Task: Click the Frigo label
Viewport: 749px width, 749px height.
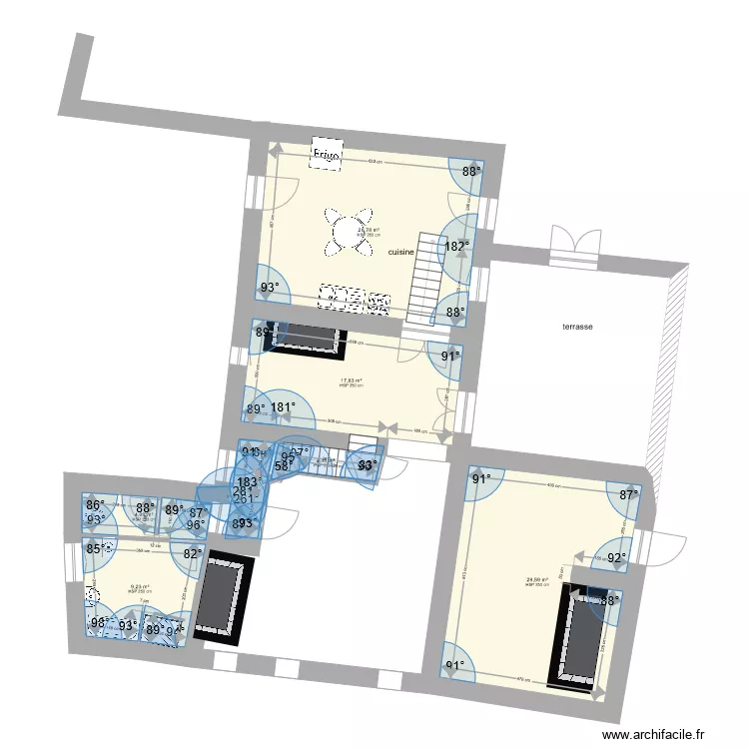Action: pyautogui.click(x=327, y=156)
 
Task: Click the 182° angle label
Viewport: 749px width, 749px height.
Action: pyautogui.click(x=457, y=246)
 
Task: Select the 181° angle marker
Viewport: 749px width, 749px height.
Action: pyautogui.click(x=284, y=407)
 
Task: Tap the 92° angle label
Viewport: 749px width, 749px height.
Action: pyautogui.click(x=617, y=558)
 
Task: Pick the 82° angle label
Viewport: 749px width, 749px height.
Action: pyautogui.click(x=192, y=552)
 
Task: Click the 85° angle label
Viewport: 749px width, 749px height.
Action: pyautogui.click(x=96, y=548)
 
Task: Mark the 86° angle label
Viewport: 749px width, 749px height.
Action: pyautogui.click(x=95, y=506)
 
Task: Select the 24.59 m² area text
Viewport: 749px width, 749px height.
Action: pyautogui.click(x=536, y=579)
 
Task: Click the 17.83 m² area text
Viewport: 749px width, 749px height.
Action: pyautogui.click(x=351, y=380)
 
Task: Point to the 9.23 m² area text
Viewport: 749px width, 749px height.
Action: pyautogui.click(x=139, y=587)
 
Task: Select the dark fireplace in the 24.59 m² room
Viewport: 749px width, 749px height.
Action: pyautogui.click(x=578, y=639)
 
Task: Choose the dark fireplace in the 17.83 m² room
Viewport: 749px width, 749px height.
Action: pyautogui.click(x=305, y=337)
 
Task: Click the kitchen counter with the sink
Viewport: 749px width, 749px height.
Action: pyautogui.click(x=355, y=297)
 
